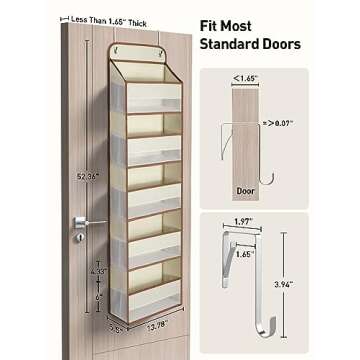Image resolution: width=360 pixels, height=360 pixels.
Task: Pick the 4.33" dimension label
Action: [97, 270]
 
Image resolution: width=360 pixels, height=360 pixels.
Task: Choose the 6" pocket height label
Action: [98, 296]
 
